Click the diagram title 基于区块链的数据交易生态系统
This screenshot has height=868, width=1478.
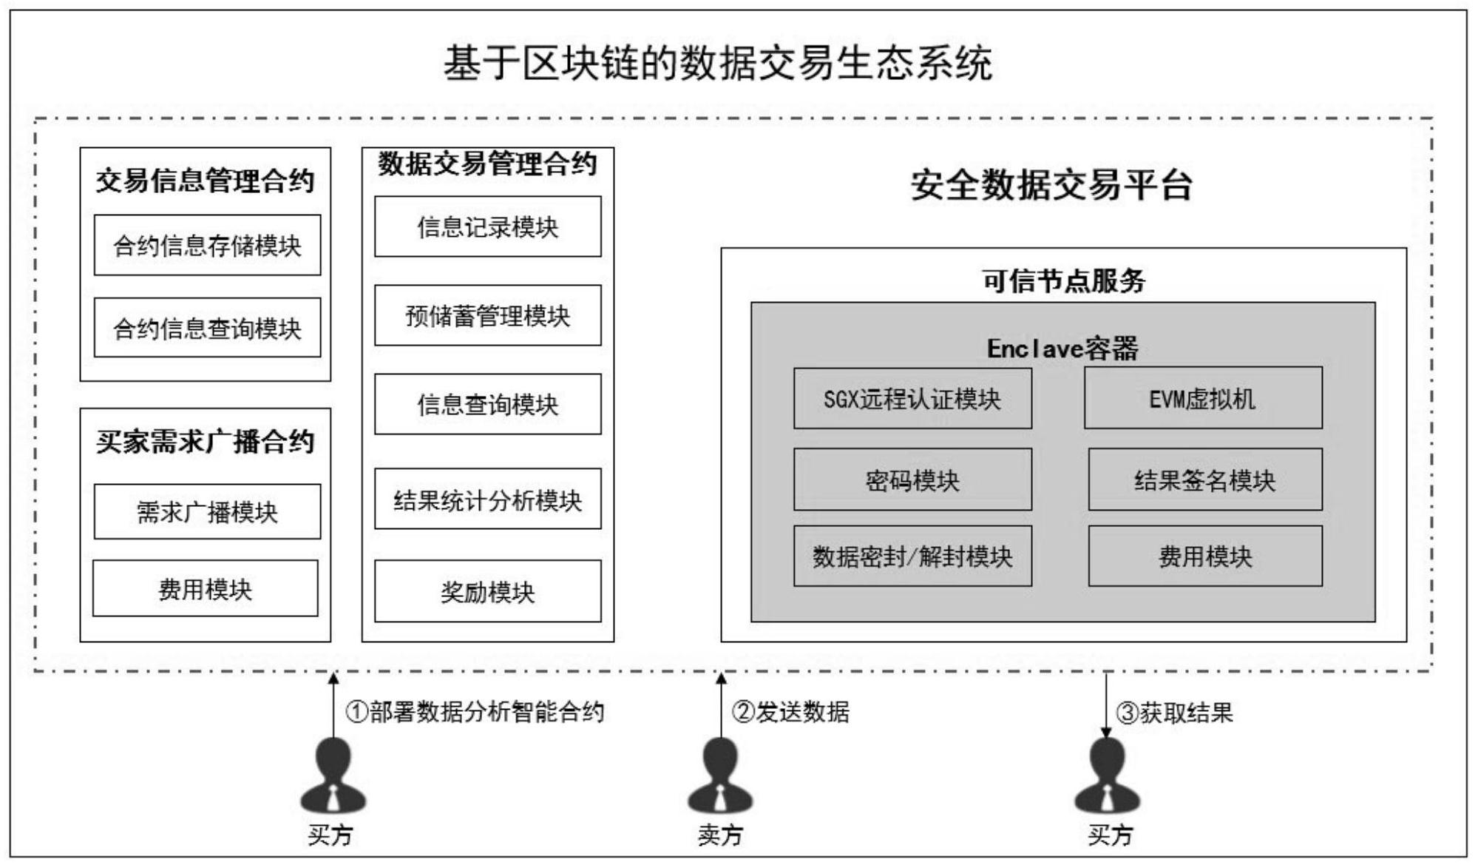[x=717, y=64]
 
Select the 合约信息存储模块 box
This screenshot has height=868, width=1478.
[x=207, y=246]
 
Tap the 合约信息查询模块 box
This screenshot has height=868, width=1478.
[x=207, y=328]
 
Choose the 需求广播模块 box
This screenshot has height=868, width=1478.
[x=207, y=512]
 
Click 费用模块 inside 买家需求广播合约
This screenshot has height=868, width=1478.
[x=206, y=589]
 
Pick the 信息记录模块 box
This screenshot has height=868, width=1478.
[x=487, y=227]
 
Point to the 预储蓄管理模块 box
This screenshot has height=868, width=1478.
[x=487, y=316]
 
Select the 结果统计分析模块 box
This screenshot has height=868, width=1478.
[x=487, y=499]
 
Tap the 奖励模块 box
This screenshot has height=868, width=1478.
[x=487, y=591]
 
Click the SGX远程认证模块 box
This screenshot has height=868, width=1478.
[x=912, y=399]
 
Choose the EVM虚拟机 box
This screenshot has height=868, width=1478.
[x=1203, y=399]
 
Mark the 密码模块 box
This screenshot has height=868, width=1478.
[x=912, y=480]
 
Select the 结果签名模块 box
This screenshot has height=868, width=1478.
[x=1205, y=480]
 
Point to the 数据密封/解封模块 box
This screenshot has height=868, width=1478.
[x=912, y=556]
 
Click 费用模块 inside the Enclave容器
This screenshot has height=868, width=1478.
[x=1205, y=556]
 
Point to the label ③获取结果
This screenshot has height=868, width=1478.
[x=1175, y=713]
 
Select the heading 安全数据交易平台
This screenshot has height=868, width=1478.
[x=1051, y=185]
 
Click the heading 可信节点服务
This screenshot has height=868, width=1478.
[x=1063, y=281]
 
